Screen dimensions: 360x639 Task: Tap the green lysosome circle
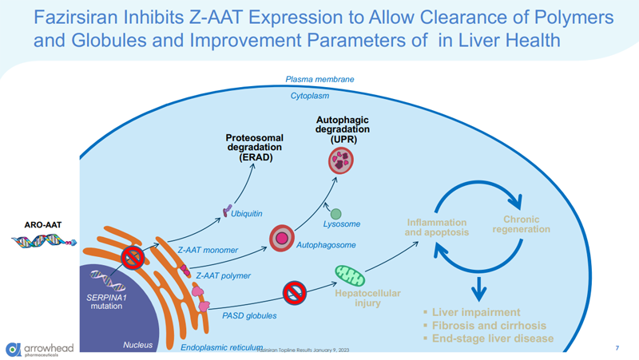coord(336,214)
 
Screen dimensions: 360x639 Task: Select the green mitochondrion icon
coord(348,275)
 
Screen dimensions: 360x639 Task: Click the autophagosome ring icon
coord(281,237)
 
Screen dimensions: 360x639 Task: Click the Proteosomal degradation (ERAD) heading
coord(254,148)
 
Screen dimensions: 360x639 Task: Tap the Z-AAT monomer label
coord(208,250)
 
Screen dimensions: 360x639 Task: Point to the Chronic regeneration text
coord(522,224)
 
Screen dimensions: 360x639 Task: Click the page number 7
coord(617,348)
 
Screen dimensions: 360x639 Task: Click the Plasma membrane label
coord(319,80)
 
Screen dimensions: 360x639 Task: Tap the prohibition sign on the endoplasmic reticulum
coord(133,257)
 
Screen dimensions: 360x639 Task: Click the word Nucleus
coord(137,346)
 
